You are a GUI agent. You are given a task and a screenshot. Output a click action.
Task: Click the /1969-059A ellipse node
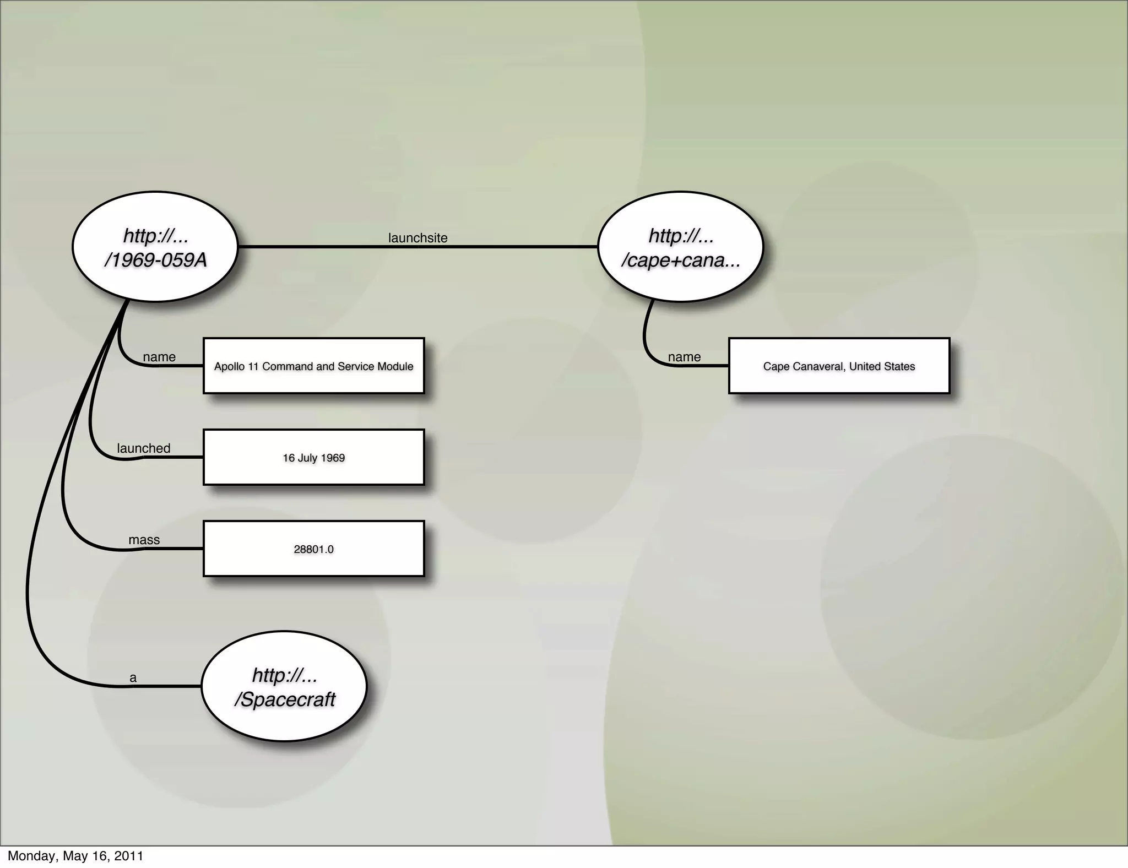(x=155, y=247)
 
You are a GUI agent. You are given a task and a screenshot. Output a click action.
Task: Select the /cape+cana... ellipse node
(x=680, y=247)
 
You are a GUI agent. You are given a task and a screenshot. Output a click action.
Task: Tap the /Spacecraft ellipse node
(x=284, y=686)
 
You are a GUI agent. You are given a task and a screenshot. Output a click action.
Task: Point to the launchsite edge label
(x=417, y=238)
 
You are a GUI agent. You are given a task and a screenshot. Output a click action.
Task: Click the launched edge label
(x=144, y=448)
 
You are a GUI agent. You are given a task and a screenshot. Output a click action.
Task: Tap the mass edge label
(x=144, y=540)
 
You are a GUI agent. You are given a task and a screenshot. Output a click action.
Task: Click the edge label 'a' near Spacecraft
(x=133, y=678)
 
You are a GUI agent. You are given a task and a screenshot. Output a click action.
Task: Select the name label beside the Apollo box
(x=159, y=357)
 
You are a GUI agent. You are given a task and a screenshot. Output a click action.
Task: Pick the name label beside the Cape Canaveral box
(x=684, y=357)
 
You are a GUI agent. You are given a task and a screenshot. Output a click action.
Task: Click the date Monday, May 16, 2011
(x=75, y=856)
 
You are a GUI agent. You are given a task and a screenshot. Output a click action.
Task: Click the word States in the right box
(x=900, y=367)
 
